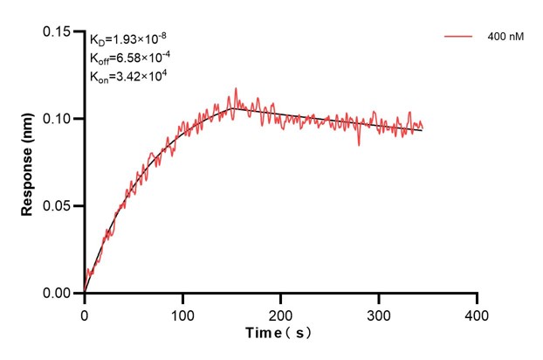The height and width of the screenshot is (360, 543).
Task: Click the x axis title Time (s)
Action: [x=278, y=333]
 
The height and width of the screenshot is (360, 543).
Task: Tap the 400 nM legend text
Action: [x=505, y=38]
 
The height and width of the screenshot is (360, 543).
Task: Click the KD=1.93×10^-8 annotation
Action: [x=128, y=39]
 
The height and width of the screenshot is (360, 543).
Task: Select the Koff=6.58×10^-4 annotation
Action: [x=129, y=58]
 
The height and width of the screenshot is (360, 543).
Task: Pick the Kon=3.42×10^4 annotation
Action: [x=128, y=76]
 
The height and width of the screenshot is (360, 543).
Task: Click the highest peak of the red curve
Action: [x=235, y=88]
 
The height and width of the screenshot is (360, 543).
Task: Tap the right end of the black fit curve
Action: [x=423, y=130]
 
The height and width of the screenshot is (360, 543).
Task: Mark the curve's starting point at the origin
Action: [x=85, y=293]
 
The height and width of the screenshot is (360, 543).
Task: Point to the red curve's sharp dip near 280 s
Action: [x=359, y=144]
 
